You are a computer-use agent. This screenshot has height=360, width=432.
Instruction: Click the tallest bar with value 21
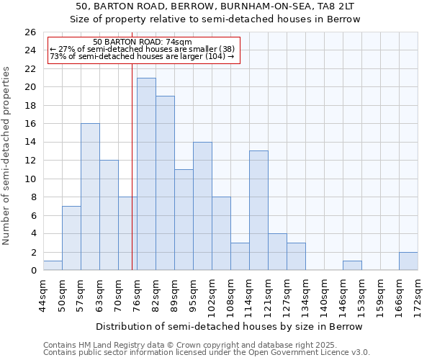click(146, 174)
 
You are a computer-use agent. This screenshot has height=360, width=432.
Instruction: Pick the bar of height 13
click(258, 210)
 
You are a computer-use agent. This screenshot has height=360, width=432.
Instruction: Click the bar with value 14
click(202, 206)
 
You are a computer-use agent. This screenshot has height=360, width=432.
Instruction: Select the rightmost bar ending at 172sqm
click(408, 261)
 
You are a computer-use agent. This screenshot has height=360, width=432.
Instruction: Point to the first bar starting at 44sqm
click(53, 266)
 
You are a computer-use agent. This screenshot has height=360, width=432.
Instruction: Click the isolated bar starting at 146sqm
click(352, 266)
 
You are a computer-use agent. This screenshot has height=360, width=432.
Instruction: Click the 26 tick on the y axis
click(30, 32)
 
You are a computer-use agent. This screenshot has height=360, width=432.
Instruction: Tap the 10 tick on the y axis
click(30, 179)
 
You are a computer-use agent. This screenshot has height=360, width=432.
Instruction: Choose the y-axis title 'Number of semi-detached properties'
click(7, 156)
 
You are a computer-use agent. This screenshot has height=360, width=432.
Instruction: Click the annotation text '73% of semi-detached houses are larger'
click(142, 56)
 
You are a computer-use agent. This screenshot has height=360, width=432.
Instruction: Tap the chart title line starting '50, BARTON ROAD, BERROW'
click(215, 6)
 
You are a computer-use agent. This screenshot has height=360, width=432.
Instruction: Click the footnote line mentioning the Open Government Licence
click(207, 353)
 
